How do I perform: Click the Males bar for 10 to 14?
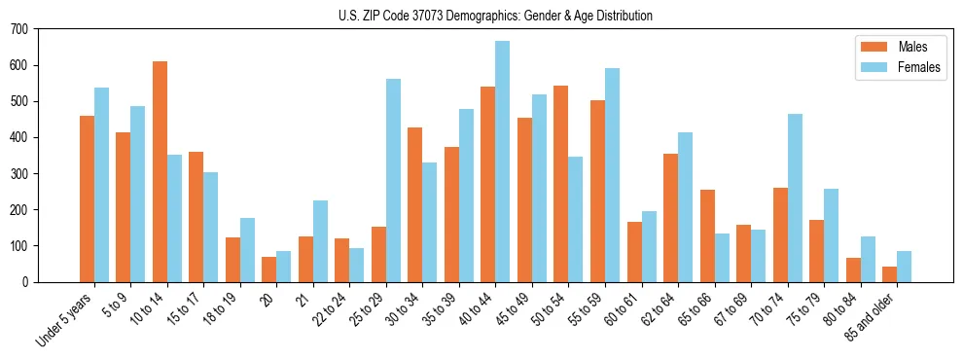coord(160,171)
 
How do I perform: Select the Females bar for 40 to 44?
coord(502,162)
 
